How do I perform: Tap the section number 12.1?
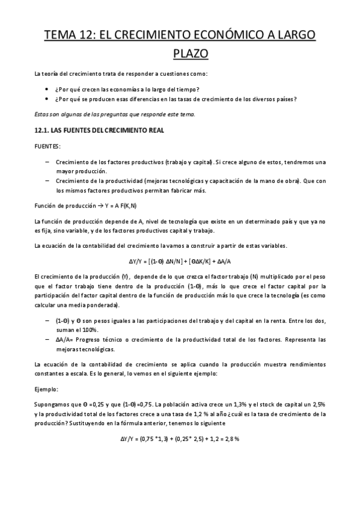click(x=42, y=130)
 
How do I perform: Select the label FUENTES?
click(x=47, y=146)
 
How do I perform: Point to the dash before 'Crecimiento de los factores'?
click(x=47, y=162)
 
